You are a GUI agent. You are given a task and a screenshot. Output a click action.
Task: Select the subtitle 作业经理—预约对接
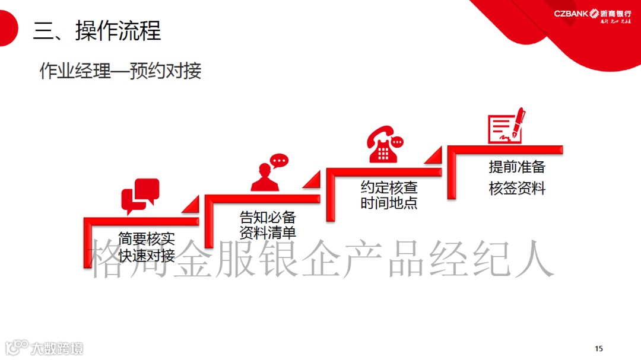click(120, 71)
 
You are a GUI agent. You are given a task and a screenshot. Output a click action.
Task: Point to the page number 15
click(598, 348)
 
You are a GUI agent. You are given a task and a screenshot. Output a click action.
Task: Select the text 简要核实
click(147, 239)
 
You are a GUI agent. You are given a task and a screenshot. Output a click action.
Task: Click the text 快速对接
click(147, 256)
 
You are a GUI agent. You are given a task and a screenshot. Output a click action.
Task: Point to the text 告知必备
click(268, 216)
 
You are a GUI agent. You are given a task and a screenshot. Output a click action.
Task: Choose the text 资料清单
click(268, 232)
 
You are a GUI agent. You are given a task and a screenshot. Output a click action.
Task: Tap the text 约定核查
click(389, 188)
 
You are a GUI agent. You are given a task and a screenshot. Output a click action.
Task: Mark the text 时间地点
click(389, 203)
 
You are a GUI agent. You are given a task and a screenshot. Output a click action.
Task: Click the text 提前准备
click(516, 167)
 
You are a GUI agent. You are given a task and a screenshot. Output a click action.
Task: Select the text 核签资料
click(516, 189)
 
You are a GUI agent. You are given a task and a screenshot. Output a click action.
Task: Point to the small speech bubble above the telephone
click(396, 142)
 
